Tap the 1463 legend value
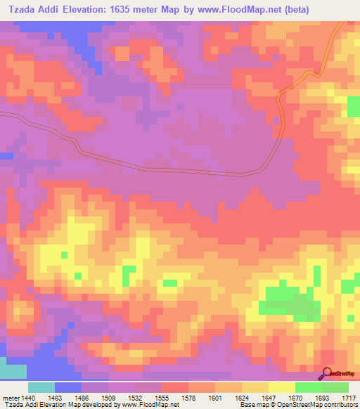point(56,397)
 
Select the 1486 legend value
point(82,397)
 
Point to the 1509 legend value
point(109,397)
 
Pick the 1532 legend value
point(136,397)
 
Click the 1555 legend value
point(162,397)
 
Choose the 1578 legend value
point(189,397)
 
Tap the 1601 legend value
point(216,397)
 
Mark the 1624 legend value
point(243,397)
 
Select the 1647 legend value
point(269,397)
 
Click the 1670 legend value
point(296,397)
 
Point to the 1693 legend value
point(323,397)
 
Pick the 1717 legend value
point(349,397)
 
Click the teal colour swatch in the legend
point(41,387)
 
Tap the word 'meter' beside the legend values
point(9,397)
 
